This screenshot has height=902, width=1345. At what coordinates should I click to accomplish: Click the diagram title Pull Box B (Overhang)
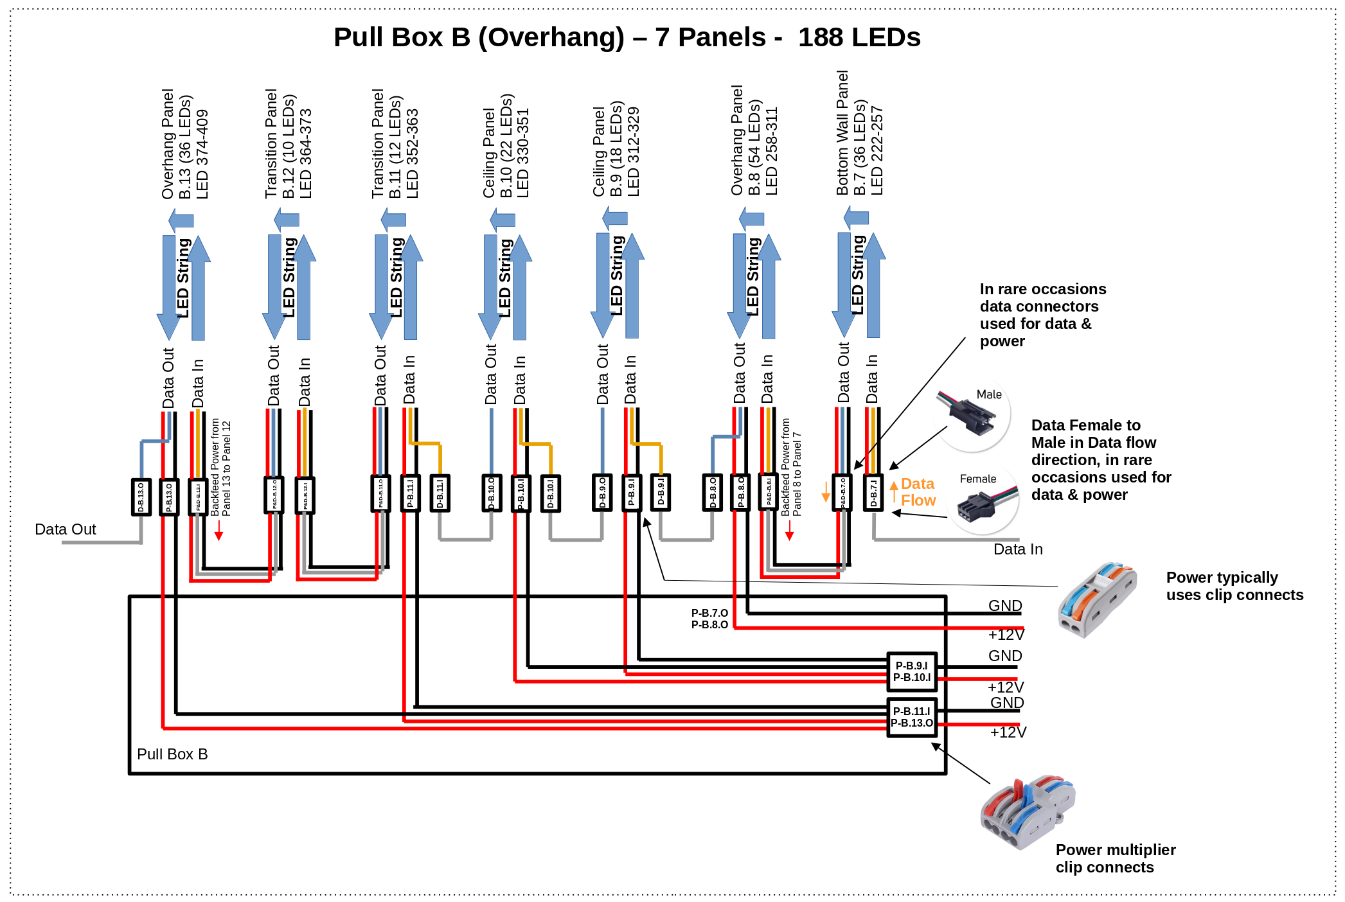479,37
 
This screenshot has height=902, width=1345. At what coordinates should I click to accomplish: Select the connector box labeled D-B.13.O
141,497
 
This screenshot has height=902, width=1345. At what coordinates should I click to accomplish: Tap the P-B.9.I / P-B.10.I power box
911,671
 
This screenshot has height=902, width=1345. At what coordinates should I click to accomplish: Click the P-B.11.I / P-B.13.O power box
911,717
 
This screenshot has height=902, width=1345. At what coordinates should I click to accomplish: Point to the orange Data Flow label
918,492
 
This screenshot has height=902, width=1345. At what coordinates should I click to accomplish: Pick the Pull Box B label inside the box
172,754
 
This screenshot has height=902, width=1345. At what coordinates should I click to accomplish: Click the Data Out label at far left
65,529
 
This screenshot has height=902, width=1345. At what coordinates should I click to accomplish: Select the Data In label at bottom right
1017,549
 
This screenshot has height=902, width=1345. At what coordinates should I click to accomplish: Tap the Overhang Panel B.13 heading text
185,145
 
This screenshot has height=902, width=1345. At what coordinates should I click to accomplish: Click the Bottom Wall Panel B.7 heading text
859,134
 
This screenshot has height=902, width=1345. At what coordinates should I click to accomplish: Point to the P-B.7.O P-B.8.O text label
709,619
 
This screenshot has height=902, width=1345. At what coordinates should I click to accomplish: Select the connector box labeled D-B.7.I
873,493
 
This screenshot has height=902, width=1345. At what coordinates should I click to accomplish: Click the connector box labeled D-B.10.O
492,493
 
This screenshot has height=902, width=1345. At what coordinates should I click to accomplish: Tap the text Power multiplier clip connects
1115,858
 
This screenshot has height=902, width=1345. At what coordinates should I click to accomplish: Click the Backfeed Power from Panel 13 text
220,468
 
